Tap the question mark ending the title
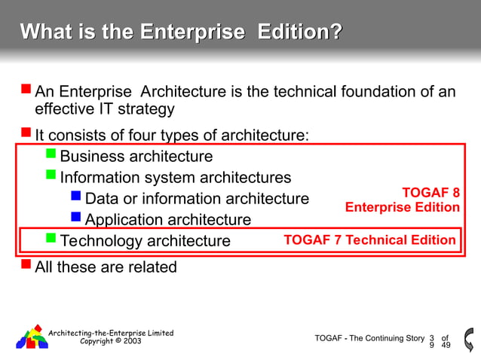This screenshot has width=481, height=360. click(335, 32)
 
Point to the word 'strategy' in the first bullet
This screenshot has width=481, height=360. click(148, 110)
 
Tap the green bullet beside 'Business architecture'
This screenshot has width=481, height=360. click(51, 155)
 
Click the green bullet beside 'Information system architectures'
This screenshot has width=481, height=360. click(51, 176)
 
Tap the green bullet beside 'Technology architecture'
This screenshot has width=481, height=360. click(51, 239)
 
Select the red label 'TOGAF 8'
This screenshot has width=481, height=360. click(430, 193)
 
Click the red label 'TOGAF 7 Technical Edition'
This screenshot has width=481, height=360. click(369, 240)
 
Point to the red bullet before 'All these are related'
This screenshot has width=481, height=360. click(26, 264)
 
